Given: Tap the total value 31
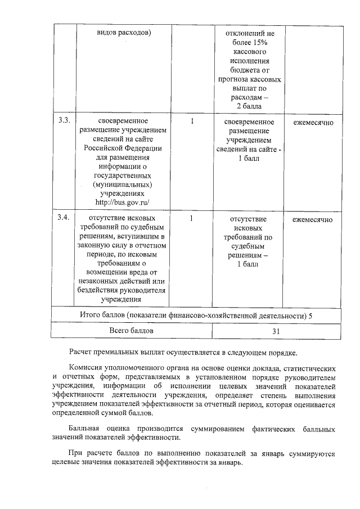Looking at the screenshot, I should (x=276, y=331).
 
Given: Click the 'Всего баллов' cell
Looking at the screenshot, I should (x=131, y=331).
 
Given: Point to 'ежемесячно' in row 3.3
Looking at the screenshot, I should (x=313, y=121).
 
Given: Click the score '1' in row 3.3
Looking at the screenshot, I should (x=192, y=121).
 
